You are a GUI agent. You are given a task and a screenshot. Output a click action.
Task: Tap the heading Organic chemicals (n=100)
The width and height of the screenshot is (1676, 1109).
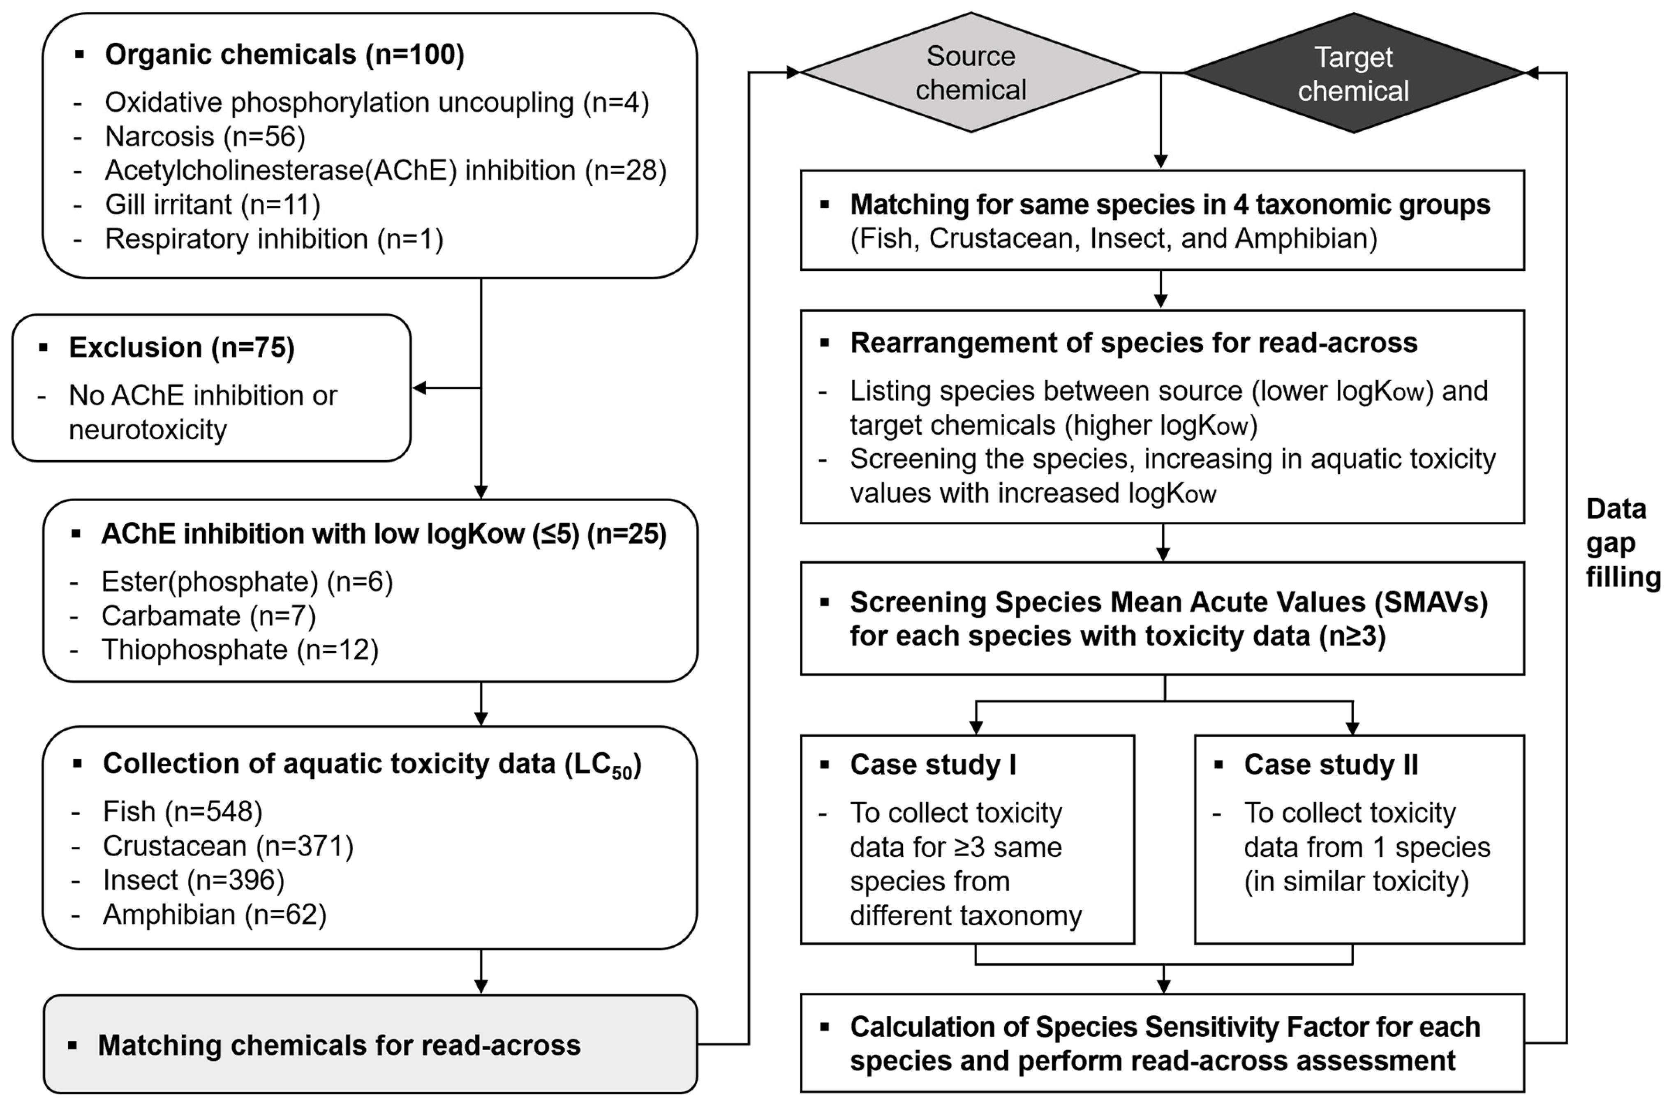tap(284, 55)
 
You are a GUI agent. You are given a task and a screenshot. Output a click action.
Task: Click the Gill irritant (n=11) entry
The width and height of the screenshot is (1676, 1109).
tap(212, 204)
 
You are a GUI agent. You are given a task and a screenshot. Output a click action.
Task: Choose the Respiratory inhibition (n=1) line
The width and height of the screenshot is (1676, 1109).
tap(274, 239)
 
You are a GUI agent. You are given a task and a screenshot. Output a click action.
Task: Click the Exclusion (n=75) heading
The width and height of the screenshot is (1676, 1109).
tap(181, 347)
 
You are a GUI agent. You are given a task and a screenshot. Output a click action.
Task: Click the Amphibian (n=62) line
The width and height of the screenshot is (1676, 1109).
tap(214, 915)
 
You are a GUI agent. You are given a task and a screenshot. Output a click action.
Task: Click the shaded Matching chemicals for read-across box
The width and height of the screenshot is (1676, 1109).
tap(370, 1044)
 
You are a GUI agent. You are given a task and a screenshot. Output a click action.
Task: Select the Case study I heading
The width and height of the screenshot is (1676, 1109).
tap(932, 765)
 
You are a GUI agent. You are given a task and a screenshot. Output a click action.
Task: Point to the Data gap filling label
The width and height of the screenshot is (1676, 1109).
tap(1621, 542)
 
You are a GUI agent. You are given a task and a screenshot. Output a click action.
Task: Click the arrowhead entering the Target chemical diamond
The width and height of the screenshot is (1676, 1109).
tap(1531, 73)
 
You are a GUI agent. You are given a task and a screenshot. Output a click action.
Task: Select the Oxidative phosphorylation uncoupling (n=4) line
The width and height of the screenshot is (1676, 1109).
tap(377, 103)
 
